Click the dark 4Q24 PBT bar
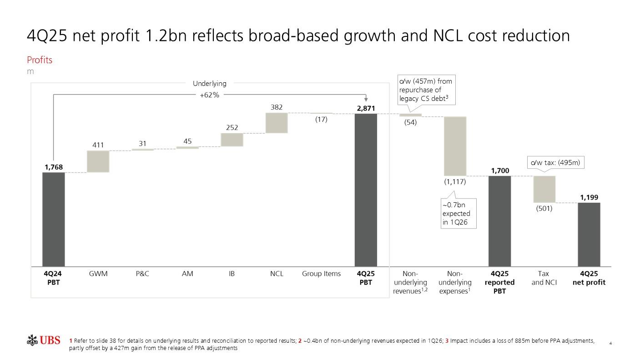click(53, 219)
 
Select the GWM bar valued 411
click(98, 161)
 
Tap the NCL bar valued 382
click(277, 123)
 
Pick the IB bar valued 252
click(232, 140)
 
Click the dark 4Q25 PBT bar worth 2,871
click(366, 190)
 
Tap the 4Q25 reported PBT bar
click(499, 221)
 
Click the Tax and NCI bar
click(544, 189)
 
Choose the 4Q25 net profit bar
click(589, 234)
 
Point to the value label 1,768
click(54, 167)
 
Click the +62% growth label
click(210, 95)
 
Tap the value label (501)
click(544, 209)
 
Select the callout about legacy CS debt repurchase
click(425, 90)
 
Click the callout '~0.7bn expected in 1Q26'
click(459, 213)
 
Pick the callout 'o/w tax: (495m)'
click(555, 163)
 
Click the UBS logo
click(44, 340)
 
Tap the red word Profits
click(40, 60)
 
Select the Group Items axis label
click(321, 274)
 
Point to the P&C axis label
click(142, 274)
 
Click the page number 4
click(610, 343)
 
